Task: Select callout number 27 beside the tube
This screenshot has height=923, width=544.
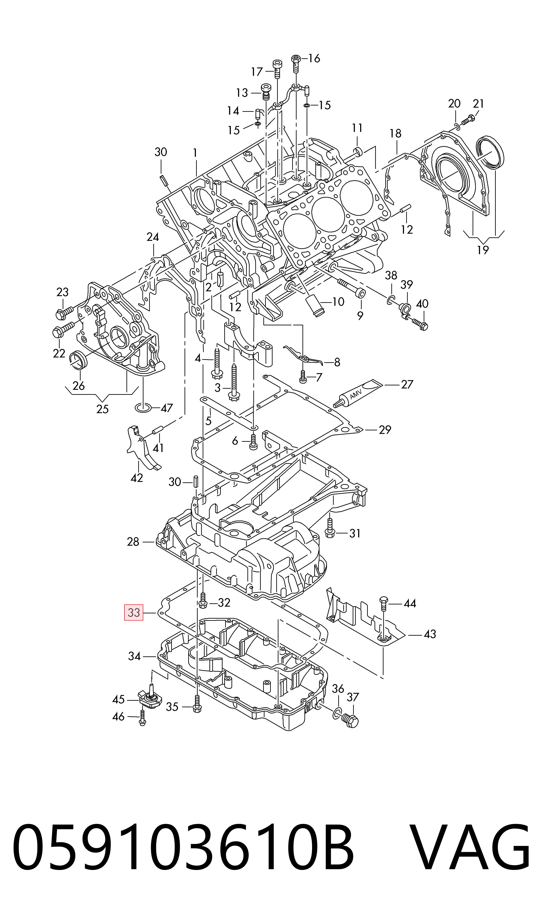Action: pyautogui.click(x=407, y=384)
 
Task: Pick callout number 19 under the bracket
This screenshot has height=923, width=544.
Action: pyautogui.click(x=483, y=250)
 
